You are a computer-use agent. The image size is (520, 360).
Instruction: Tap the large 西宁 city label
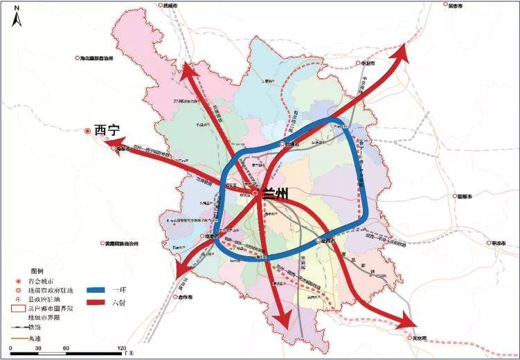click(107, 129)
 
